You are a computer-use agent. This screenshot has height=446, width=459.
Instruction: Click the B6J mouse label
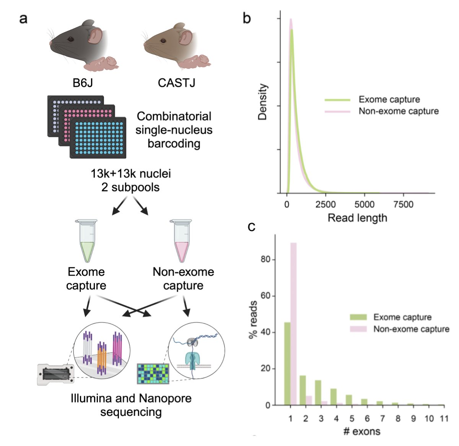[x=83, y=83]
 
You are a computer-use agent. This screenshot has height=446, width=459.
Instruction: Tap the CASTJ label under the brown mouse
[x=176, y=83]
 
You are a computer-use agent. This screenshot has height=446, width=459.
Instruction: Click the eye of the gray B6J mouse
[x=70, y=39]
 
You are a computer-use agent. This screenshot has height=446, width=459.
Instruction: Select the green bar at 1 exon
[x=287, y=363]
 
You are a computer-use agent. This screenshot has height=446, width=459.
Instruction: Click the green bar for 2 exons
[x=303, y=390]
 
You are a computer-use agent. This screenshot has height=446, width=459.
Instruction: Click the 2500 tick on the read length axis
[x=326, y=205]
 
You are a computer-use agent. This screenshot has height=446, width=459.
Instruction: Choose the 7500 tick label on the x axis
[x=403, y=205]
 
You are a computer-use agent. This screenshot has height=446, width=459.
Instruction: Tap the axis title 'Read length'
[x=357, y=218]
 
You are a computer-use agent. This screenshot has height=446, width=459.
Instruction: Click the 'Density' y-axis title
[x=262, y=103]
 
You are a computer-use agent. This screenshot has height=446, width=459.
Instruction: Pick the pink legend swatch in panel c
[x=358, y=329]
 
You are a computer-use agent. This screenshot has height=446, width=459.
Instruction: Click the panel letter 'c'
[x=251, y=226]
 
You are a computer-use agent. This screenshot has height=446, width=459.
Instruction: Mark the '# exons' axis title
[x=361, y=432]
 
